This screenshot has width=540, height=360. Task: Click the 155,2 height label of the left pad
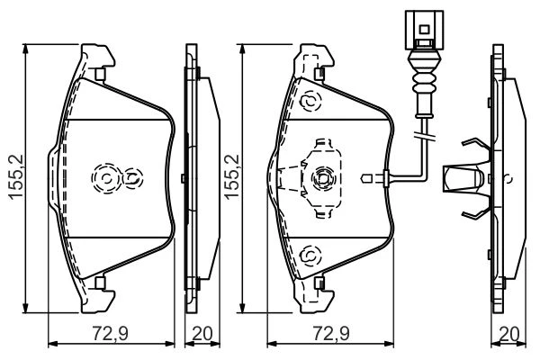[x=15, y=176]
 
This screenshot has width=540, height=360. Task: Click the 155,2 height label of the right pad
[x=232, y=176]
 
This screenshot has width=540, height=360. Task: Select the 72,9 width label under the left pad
[x=110, y=334]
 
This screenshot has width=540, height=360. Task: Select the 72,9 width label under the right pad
[x=331, y=334]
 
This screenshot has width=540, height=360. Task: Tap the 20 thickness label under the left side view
[x=202, y=334]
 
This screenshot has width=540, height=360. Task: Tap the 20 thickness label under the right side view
[x=509, y=334]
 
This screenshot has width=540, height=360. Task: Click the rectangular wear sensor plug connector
[x=424, y=30]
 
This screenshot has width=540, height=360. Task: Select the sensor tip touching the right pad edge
[x=366, y=179]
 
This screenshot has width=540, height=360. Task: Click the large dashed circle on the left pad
[x=106, y=178]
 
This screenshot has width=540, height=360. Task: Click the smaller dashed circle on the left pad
[x=132, y=178]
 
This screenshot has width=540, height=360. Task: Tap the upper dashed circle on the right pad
[x=310, y=102]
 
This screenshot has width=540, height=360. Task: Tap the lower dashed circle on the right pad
[x=310, y=256]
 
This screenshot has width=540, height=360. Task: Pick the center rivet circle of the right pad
[x=323, y=178]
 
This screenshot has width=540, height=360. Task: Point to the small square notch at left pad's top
[x=100, y=74]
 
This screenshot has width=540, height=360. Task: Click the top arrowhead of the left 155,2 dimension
[x=25, y=49]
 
